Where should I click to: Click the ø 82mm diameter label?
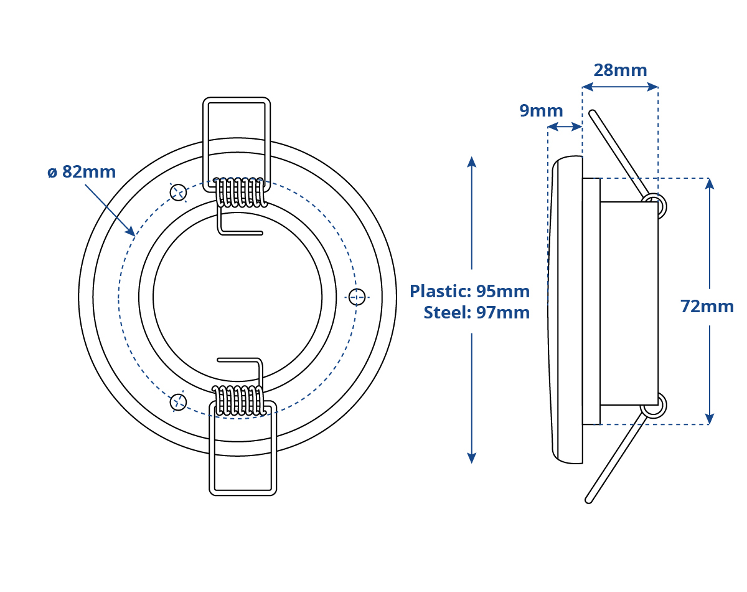point(82,172)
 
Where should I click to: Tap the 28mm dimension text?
point(620,70)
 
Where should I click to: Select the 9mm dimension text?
point(541,111)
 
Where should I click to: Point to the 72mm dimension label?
point(707,307)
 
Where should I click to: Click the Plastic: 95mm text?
point(469,291)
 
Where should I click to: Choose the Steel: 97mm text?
point(477,312)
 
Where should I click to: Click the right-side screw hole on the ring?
point(357,297)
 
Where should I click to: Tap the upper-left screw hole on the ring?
point(179,192)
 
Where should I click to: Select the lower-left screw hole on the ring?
point(179,402)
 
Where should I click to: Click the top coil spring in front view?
point(240,192)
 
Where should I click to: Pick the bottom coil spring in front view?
point(240,400)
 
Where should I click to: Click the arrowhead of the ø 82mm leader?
point(131,231)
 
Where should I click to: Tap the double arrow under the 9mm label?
point(565,127)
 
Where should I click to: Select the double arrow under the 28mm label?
point(620,87)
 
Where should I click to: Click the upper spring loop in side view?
point(654,206)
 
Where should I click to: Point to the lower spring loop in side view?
point(654,405)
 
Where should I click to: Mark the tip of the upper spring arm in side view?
point(592,113)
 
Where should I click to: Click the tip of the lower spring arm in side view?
point(588,500)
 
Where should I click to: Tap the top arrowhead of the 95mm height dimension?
point(471,161)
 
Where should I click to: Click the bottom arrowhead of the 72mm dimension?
point(710,419)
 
